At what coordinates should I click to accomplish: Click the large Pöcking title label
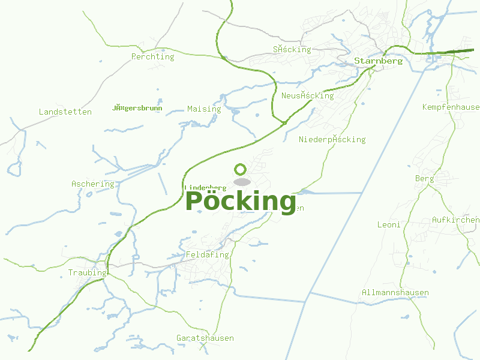(241, 201)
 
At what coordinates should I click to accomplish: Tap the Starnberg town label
(378, 61)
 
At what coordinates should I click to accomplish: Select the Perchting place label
(152, 57)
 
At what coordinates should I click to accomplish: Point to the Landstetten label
(65, 112)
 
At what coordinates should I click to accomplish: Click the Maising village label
(204, 109)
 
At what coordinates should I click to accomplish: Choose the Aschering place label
(92, 184)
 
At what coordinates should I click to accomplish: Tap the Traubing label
(87, 273)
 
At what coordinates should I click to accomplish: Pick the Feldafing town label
(208, 255)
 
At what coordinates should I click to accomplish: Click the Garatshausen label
(205, 338)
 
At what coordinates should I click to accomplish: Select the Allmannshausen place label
(395, 293)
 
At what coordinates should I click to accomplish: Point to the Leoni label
(388, 225)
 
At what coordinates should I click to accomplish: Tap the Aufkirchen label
(455, 220)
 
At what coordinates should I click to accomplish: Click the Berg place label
(424, 179)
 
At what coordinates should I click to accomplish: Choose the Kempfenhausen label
(451, 107)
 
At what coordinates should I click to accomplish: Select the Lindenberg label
(205, 188)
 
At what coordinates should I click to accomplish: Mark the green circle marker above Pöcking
(241, 169)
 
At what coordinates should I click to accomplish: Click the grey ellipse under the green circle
(242, 182)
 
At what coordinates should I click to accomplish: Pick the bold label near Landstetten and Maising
(137, 108)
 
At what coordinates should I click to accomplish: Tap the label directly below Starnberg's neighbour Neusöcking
(332, 140)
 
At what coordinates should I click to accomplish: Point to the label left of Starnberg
(292, 50)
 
